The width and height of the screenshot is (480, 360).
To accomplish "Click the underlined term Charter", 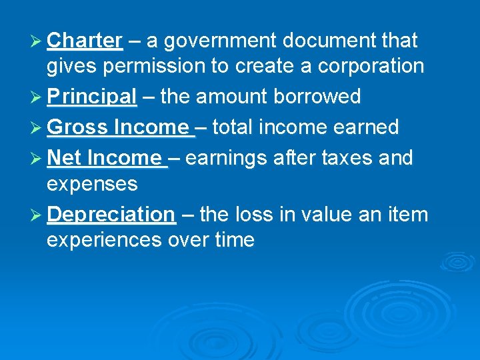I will (85, 41).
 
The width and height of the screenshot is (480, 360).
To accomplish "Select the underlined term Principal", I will (92, 97).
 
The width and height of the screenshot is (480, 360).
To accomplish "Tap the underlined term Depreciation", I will (111, 214).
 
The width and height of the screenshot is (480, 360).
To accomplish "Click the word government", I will (219, 41).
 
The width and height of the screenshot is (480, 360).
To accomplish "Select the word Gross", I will (78, 127).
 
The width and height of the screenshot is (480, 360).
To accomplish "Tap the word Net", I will (65, 158).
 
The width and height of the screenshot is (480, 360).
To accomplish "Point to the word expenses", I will (92, 183).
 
